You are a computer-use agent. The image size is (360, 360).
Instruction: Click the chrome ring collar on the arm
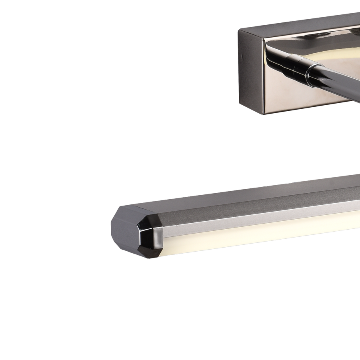coord(313,75)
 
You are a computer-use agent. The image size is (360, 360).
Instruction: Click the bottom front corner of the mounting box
coord(264,114)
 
